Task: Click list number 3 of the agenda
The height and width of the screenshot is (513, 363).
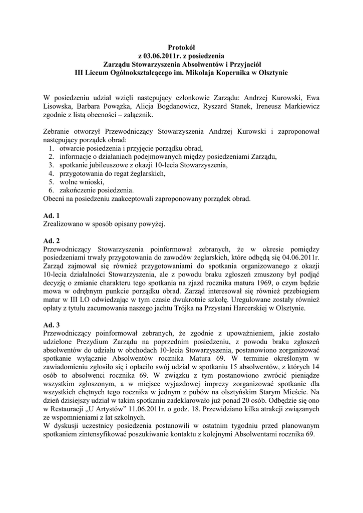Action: (52, 165)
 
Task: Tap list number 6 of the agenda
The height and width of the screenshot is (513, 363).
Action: (52, 190)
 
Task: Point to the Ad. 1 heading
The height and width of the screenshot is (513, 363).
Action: (52, 215)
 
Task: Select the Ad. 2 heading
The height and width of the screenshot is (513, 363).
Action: (52, 240)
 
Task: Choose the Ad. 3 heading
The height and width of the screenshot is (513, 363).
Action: (52, 324)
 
